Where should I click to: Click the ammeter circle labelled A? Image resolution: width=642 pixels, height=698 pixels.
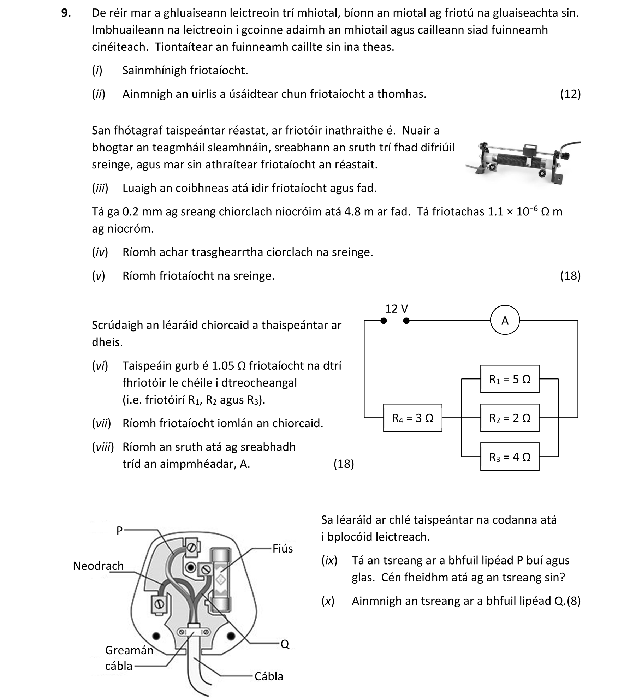pyautogui.click(x=505, y=321)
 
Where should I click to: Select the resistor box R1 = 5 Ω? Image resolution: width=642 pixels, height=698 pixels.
pyautogui.click(x=510, y=379)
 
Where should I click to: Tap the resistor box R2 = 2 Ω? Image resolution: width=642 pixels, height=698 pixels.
pyautogui.click(x=510, y=418)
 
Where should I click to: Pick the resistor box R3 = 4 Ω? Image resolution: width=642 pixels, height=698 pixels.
pyautogui.click(x=510, y=457)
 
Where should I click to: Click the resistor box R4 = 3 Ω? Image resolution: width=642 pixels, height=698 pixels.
pyautogui.click(x=412, y=418)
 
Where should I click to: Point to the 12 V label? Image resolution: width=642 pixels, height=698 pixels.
pyautogui.click(x=396, y=309)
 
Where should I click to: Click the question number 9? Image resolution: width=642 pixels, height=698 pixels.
pyautogui.click(x=66, y=13)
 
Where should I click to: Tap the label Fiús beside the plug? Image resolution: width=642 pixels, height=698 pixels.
pyautogui.click(x=283, y=549)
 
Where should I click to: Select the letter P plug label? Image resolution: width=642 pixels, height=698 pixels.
pyautogui.click(x=119, y=531)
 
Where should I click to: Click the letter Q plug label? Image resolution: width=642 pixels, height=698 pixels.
pyautogui.click(x=285, y=644)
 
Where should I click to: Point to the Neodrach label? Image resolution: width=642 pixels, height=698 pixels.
pyautogui.click(x=98, y=566)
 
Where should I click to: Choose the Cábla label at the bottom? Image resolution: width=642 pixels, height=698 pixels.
pyautogui.click(x=269, y=676)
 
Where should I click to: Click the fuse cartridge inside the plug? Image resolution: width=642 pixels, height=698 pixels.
pyautogui.click(x=220, y=579)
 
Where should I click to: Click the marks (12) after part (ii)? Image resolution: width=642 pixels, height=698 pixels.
pyautogui.click(x=570, y=94)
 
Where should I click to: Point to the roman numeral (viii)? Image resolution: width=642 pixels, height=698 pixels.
pyautogui.click(x=103, y=447)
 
